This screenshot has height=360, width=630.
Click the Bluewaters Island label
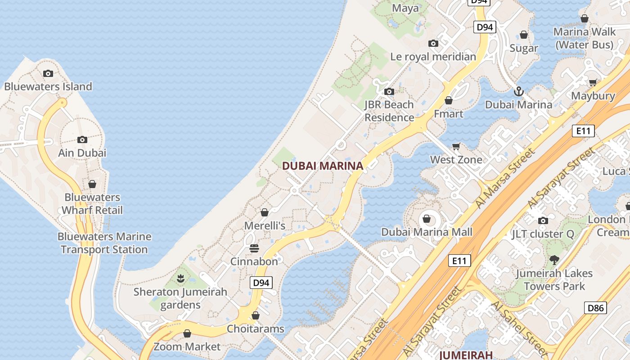coord(48,86)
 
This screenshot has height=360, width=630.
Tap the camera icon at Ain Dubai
coord(82,140)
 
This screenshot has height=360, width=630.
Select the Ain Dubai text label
coord(82,153)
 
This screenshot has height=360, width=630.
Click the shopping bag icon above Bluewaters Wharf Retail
coord(92,184)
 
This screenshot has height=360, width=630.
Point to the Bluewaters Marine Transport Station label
coord(104,243)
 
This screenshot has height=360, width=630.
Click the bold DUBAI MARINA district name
coord(322,166)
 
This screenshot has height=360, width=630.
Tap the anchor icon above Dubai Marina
coord(519,91)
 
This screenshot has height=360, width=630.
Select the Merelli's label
coord(265,225)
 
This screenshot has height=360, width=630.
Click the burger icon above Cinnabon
coord(254,248)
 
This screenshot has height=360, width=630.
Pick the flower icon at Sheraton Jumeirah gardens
coord(181,279)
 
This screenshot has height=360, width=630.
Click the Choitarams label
coord(256,329)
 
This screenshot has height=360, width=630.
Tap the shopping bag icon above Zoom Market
coord(187,333)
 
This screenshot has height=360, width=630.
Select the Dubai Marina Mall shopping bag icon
coord(427,219)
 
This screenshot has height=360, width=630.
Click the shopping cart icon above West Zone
coord(456,146)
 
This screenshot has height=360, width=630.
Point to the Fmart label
coord(449,114)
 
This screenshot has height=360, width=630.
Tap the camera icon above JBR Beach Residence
coord(389,92)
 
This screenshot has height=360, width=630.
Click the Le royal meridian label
coord(433,57)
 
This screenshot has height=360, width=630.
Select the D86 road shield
coord(595,308)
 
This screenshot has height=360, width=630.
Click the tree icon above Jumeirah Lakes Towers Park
coord(554,260)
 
